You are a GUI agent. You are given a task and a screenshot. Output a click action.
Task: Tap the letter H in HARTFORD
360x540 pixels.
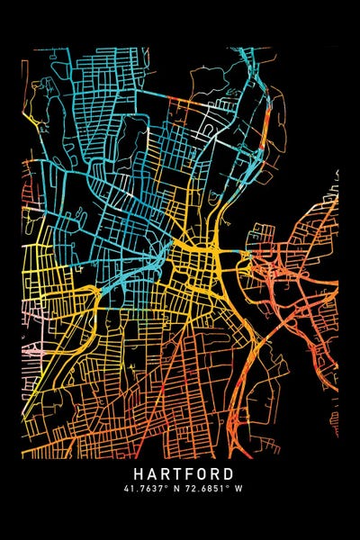(139, 473)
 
